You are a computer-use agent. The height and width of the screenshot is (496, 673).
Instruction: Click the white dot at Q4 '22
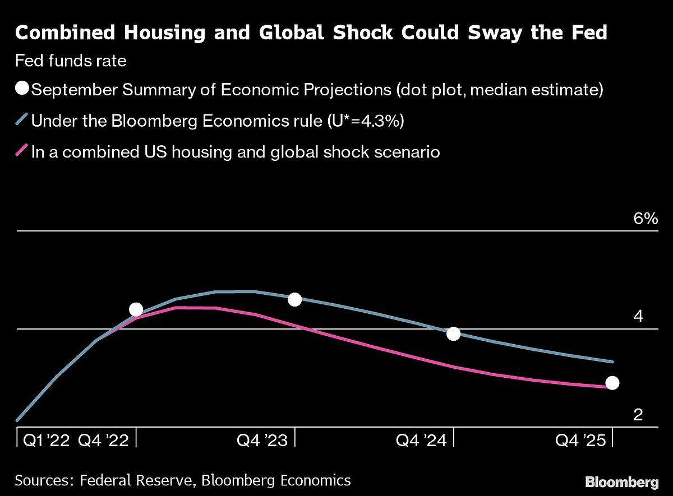pyautogui.click(x=136, y=309)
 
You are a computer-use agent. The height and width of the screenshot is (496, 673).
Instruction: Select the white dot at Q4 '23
pyautogui.click(x=294, y=299)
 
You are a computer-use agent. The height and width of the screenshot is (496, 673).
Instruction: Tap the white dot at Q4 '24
pyautogui.click(x=453, y=333)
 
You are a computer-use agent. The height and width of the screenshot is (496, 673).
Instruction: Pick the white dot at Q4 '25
pyautogui.click(x=612, y=383)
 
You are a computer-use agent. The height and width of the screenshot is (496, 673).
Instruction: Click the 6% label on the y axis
pyautogui.click(x=645, y=219)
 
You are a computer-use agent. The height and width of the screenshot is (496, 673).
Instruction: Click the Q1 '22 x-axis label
pyautogui.click(x=46, y=441)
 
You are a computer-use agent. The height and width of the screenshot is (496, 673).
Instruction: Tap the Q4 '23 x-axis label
pyautogui.click(x=262, y=441)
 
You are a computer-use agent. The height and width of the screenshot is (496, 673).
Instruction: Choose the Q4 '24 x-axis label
pyautogui.click(x=421, y=441)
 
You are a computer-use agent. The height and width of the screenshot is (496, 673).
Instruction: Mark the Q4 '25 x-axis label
pyautogui.click(x=580, y=441)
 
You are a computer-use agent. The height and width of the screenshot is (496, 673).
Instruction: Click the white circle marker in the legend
pyautogui.click(x=22, y=90)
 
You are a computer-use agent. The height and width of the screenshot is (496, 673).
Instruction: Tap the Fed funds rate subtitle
pyautogui.click(x=71, y=61)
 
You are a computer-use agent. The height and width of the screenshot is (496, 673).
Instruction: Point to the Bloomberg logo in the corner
pyautogui.click(x=621, y=481)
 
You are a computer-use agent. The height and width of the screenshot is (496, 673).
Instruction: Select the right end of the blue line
pyautogui.click(x=612, y=361)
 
